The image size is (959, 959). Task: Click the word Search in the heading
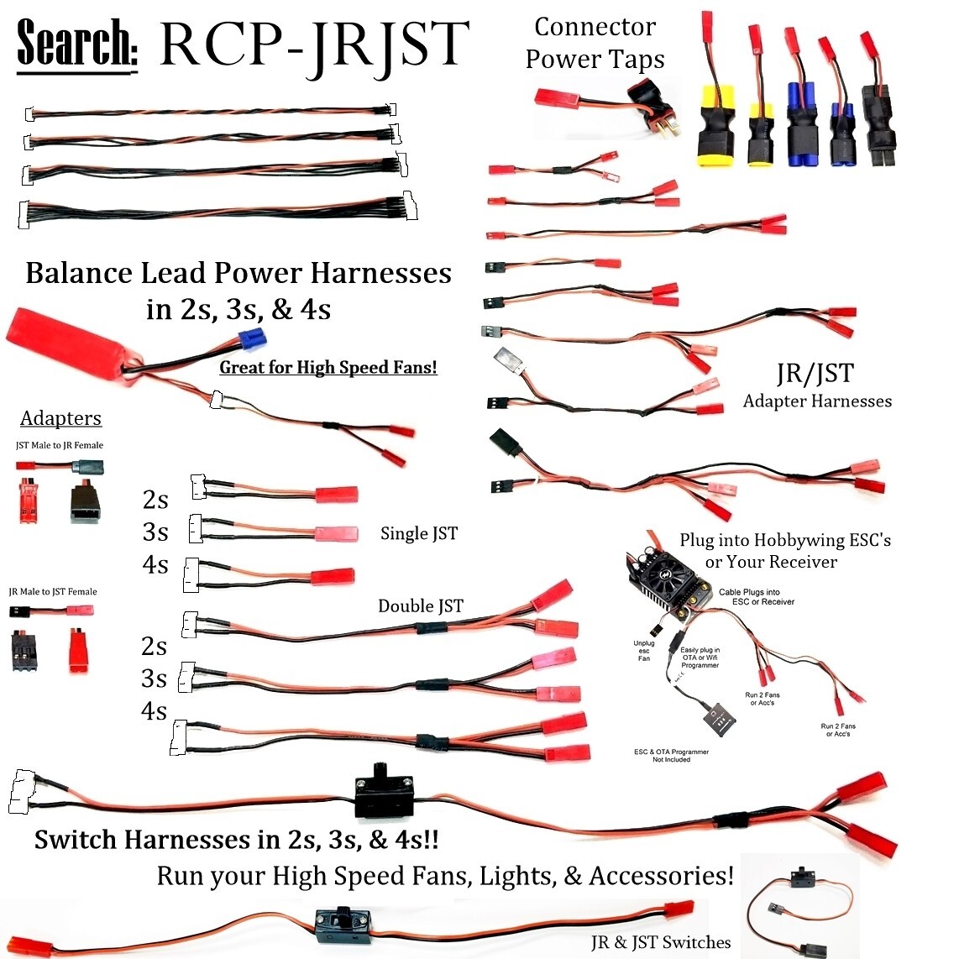pos(77,44)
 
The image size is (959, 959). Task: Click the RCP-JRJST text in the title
pos(312,44)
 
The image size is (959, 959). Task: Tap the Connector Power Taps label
pos(595,43)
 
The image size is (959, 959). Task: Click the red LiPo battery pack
pos(67,351)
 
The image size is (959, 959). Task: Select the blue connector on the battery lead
pos(252,339)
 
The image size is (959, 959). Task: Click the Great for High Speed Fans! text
pos(328,368)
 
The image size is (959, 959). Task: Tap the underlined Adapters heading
pos(60,418)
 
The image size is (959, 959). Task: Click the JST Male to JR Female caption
pos(59,445)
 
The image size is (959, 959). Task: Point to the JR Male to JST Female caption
pos(53,591)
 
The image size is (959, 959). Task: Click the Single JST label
pos(418,533)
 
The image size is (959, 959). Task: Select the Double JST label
pos(420,606)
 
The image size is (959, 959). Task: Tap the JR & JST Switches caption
pos(660,942)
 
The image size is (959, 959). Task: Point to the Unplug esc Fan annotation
pos(643,651)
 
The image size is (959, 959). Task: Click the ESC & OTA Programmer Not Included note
pos(671,755)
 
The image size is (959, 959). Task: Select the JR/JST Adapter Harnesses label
pos(816,386)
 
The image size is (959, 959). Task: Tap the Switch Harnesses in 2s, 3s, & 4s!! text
pos(236,840)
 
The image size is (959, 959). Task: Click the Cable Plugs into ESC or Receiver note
pos(756,596)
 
